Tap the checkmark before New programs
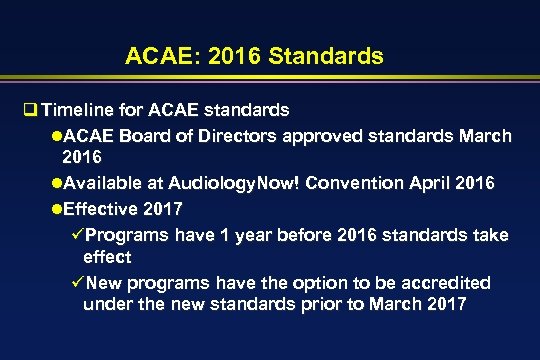click(x=76, y=283)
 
